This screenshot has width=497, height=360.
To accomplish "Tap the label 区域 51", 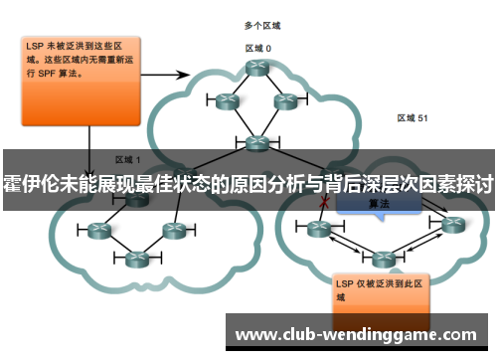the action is (x=413, y=117).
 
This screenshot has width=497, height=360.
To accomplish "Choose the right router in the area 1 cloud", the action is (x=174, y=230).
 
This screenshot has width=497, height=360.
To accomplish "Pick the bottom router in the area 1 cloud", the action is (x=136, y=260).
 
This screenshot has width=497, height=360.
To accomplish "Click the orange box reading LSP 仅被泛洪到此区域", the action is (x=380, y=288).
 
